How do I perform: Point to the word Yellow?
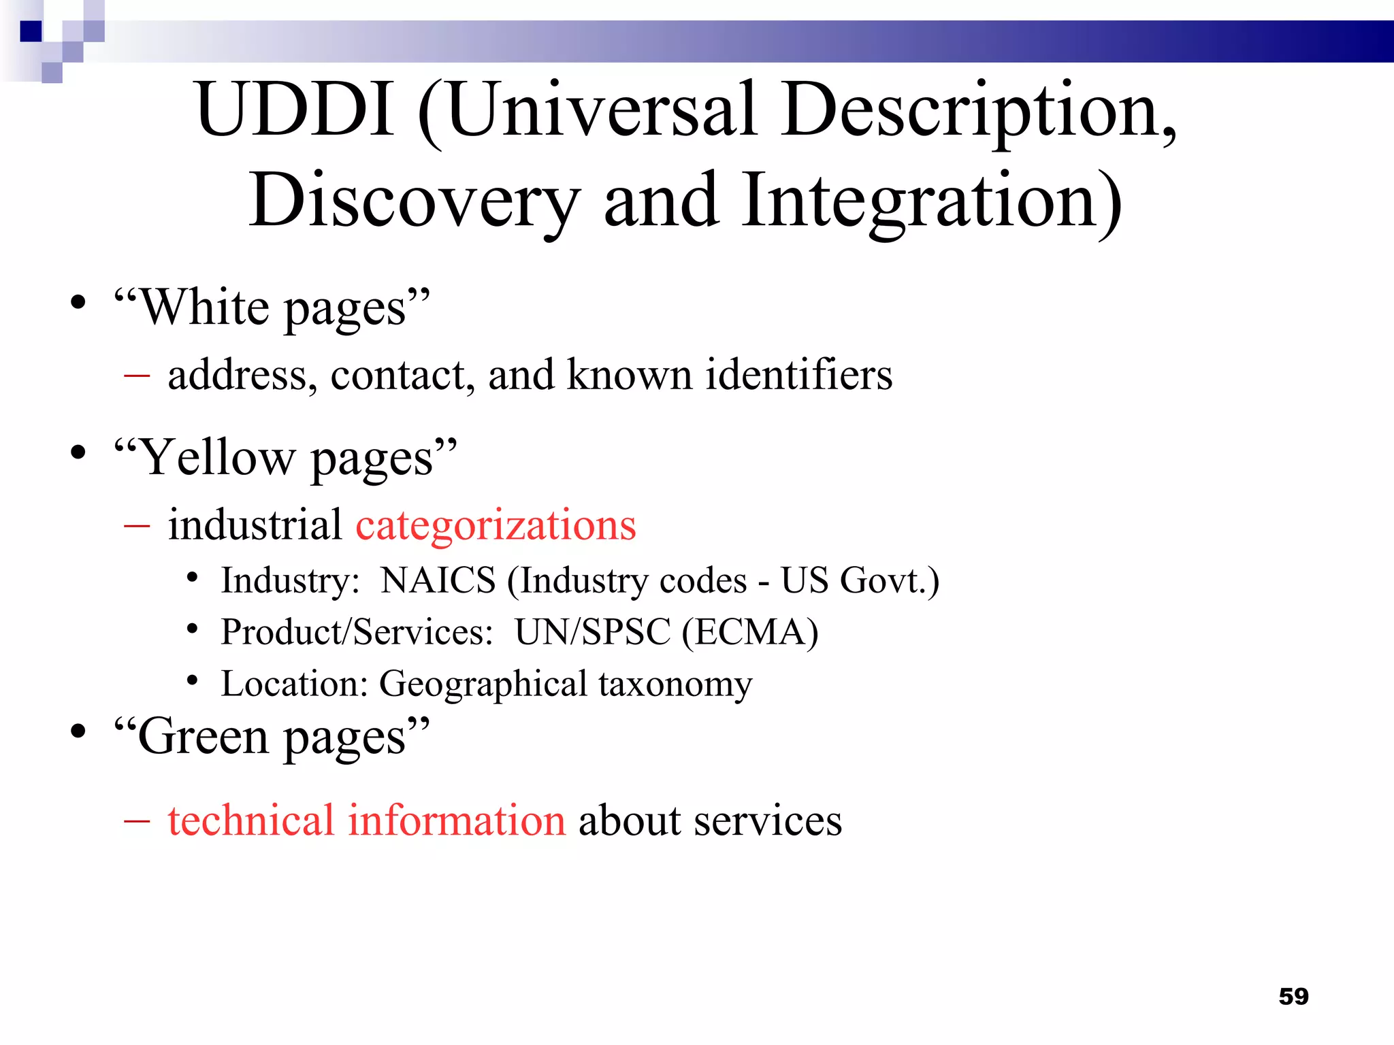tap(216, 458)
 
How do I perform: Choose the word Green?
tap(203, 737)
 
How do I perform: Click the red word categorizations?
tap(496, 525)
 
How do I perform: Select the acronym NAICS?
tap(438, 580)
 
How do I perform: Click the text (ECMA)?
tap(750, 632)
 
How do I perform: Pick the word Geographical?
tap(483, 684)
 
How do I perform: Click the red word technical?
tap(250, 820)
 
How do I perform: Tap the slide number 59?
tap(1293, 997)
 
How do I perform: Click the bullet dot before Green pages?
tap(79, 732)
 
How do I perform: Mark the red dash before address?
tap(137, 375)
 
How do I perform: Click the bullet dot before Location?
tap(193, 680)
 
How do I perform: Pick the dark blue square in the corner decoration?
tap(31, 31)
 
